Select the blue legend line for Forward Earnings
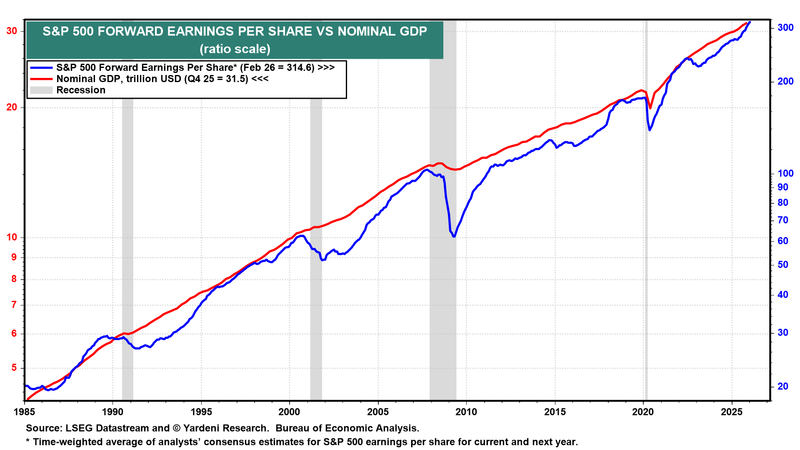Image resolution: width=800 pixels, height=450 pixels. tap(41, 67)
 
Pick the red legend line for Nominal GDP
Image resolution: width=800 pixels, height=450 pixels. tap(41, 79)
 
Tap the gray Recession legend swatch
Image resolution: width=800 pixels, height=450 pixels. tap(41, 90)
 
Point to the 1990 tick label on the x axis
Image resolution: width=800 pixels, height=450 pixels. tap(112, 412)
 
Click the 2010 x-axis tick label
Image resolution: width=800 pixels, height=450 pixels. tap(466, 412)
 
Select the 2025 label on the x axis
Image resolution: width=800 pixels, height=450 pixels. tap(732, 412)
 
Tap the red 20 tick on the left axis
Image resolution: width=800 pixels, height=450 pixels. tap(12, 107)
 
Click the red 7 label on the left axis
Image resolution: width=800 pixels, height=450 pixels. tap(14, 305)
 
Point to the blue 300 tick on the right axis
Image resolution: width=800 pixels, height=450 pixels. tap(785, 27)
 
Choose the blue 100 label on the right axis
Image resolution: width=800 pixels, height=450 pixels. tap(785, 173)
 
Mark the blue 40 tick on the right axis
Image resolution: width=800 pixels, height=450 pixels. tap(783, 295)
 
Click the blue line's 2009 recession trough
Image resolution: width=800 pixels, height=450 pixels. tap(454, 236)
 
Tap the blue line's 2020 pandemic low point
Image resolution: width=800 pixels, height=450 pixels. tap(649, 130)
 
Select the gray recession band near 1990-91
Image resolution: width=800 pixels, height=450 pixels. tap(127, 250)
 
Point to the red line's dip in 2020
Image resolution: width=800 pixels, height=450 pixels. tap(650, 108)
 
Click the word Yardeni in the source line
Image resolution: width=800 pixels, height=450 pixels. tap(200, 428)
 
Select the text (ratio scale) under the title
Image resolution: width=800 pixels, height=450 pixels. tap(235, 49)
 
